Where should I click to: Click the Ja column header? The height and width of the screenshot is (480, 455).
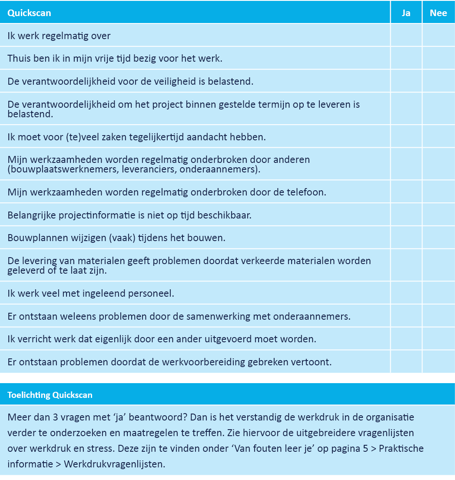click(x=406, y=13)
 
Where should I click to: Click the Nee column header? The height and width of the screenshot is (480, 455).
click(x=438, y=13)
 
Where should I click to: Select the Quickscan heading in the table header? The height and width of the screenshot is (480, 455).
click(x=29, y=13)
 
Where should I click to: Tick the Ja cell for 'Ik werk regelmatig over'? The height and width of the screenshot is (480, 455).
click(x=406, y=36)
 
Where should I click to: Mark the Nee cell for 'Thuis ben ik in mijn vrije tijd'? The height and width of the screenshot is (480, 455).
click(x=438, y=58)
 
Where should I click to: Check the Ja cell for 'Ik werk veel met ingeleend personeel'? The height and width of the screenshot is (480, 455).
click(x=406, y=293)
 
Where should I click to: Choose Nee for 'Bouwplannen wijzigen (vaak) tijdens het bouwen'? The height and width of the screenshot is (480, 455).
click(x=438, y=238)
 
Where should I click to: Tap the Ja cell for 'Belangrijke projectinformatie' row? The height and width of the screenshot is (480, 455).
click(x=406, y=215)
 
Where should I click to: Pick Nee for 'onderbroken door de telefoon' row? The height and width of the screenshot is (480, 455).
click(x=438, y=192)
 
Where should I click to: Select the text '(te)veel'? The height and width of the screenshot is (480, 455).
click(x=67, y=137)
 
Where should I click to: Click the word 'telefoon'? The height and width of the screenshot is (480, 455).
click(x=306, y=192)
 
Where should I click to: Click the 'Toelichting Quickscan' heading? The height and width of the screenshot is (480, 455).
click(x=50, y=395)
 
